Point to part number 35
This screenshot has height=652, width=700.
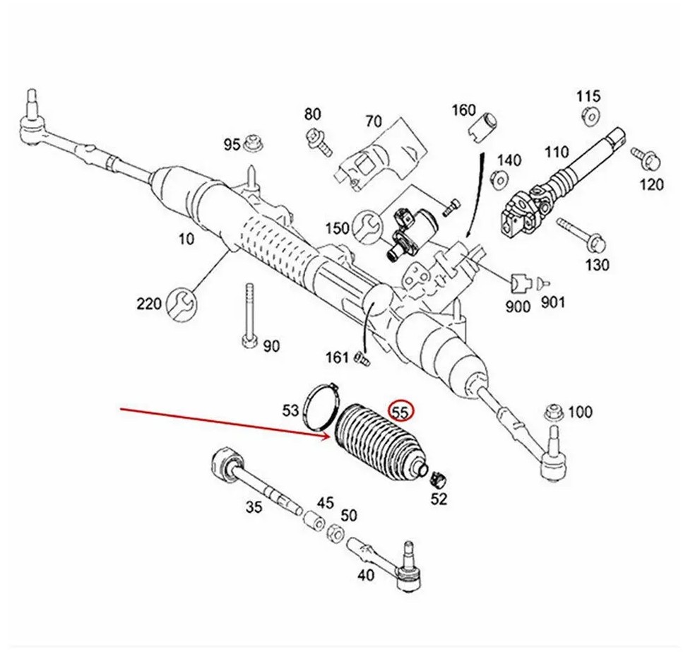(x=254, y=506)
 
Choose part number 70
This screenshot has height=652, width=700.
(x=374, y=121)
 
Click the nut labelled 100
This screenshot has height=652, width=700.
(x=554, y=413)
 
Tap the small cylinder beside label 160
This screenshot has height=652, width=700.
(x=482, y=124)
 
